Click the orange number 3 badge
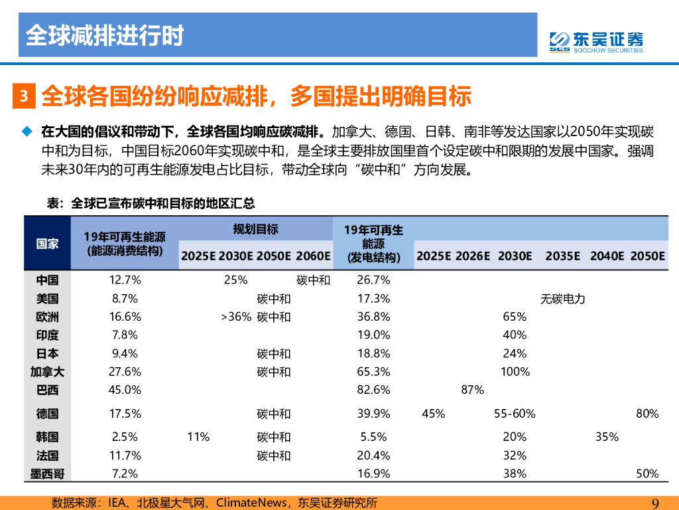click(23, 96)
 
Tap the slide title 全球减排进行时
click(104, 35)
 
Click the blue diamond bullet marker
click(27, 130)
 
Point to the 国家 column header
click(47, 244)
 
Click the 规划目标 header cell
click(255, 230)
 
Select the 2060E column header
click(313, 256)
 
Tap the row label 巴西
click(47, 390)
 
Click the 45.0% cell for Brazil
click(125, 390)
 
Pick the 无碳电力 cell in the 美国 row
click(563, 299)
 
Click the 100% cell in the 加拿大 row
click(515, 372)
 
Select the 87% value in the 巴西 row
click(472, 390)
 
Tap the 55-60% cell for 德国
click(515, 414)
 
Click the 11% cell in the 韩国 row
click(198, 437)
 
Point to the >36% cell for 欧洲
click(236, 317)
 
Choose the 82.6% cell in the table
click(373, 390)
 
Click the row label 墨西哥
click(47, 473)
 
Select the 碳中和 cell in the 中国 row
click(313, 280)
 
